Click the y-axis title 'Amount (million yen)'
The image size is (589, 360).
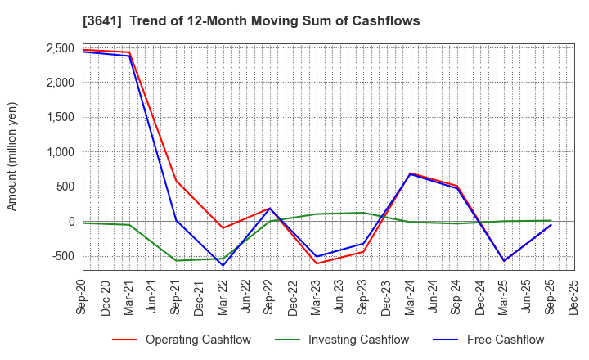click(x=11, y=156)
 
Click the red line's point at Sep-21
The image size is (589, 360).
click(x=176, y=181)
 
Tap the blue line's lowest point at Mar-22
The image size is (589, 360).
click(x=223, y=265)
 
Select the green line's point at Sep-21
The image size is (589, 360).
click(x=176, y=260)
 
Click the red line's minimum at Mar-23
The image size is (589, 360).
click(x=317, y=263)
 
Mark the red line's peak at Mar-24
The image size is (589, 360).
click(x=410, y=173)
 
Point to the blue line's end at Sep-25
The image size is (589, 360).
click(x=551, y=225)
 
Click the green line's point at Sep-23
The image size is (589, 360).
click(x=363, y=213)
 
